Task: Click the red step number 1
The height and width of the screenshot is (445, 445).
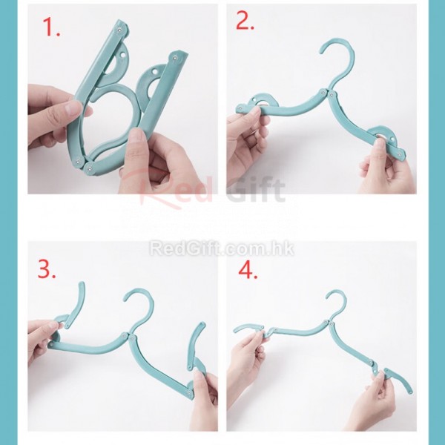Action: [x=51, y=27]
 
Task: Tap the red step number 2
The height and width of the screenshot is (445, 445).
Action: [x=245, y=21]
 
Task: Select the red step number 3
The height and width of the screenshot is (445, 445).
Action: [x=47, y=269]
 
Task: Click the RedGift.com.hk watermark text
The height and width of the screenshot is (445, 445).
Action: [x=222, y=248]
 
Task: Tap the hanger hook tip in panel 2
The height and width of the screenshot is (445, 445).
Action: [x=322, y=52]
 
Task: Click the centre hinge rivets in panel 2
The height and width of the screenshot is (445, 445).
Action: [x=326, y=93]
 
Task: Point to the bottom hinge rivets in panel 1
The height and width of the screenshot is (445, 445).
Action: [x=84, y=165]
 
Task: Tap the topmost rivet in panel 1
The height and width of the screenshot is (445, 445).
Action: [x=119, y=30]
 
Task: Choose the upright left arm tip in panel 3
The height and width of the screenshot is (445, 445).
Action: [x=82, y=284]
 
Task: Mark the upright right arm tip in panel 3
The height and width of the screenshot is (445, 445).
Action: [x=202, y=324]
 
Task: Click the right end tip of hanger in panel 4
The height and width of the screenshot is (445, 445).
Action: [x=410, y=392]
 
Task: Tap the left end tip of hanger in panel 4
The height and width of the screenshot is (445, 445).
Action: [x=236, y=330]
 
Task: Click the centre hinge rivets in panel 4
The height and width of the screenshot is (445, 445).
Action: [x=329, y=323]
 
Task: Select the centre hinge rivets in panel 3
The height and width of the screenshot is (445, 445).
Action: [x=128, y=337]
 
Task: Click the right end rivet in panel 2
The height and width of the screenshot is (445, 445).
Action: [x=400, y=156]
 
